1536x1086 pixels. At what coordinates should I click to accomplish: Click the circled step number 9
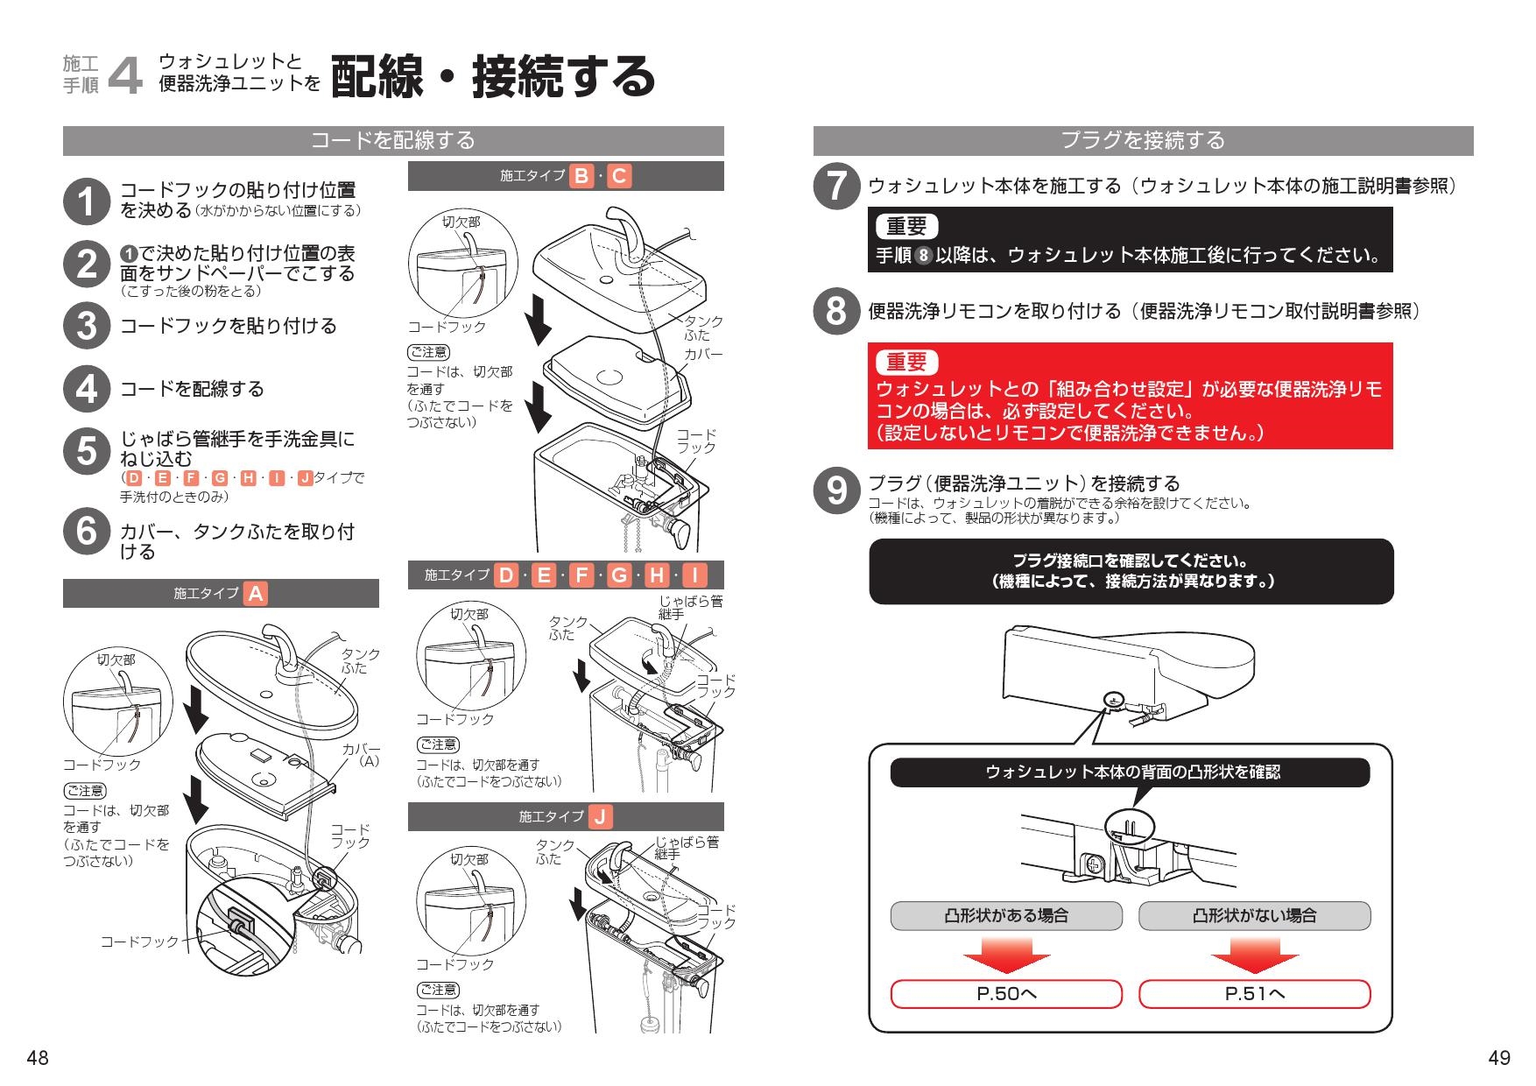[x=836, y=490]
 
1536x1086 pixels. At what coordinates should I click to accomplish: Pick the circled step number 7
[x=836, y=187]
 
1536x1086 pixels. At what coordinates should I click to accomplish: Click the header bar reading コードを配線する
[x=393, y=140]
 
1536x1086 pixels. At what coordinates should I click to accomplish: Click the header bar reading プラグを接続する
[x=1143, y=140]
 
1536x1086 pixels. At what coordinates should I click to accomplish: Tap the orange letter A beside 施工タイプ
[x=255, y=594]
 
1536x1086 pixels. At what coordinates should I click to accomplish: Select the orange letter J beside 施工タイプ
[x=600, y=817]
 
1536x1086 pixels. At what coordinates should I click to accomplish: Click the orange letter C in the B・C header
[x=618, y=176]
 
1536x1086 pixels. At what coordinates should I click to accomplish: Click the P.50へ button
[x=1006, y=994]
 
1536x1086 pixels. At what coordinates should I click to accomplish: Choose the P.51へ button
[x=1254, y=994]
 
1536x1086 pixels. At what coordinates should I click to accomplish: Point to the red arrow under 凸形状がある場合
[x=1006, y=955]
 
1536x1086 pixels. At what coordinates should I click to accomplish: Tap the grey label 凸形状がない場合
[x=1254, y=916]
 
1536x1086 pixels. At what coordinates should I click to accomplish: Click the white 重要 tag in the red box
[x=906, y=362]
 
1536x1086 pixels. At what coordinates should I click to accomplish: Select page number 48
[x=37, y=1058]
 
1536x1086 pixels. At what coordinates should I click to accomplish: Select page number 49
[x=1498, y=1058]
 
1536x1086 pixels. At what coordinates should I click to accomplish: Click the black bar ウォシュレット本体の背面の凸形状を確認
[x=1130, y=772]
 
